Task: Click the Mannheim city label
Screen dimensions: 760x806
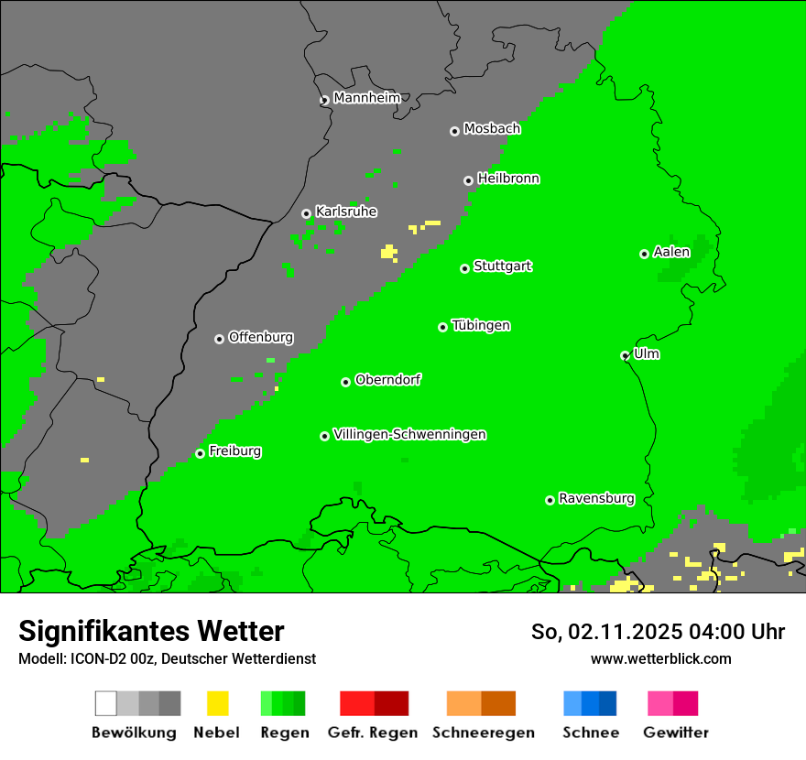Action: (367, 98)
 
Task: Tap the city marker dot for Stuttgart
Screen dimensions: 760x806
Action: (465, 268)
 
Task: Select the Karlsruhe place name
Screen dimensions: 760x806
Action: (346, 212)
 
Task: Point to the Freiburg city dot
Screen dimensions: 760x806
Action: (201, 453)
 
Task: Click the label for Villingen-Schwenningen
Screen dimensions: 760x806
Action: (409, 434)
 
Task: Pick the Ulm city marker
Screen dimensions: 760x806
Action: (626, 355)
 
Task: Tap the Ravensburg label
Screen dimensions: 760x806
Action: (596, 498)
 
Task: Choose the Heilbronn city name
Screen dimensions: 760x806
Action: (508, 179)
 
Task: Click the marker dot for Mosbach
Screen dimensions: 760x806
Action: (454, 131)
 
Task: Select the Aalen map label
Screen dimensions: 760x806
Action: (671, 252)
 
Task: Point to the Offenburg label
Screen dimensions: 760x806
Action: (261, 337)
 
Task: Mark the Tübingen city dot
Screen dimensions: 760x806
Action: (443, 327)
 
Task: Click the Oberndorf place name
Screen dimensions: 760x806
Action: (388, 380)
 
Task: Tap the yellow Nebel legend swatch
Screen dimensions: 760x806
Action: (217, 703)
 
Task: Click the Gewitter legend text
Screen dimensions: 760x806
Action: (676, 733)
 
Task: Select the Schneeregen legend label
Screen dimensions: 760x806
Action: (483, 733)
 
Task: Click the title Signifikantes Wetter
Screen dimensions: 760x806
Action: (151, 631)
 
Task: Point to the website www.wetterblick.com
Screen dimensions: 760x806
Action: (660, 658)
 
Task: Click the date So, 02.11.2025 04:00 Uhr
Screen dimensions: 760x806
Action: (658, 632)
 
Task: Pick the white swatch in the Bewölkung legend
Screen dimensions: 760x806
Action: (106, 703)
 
